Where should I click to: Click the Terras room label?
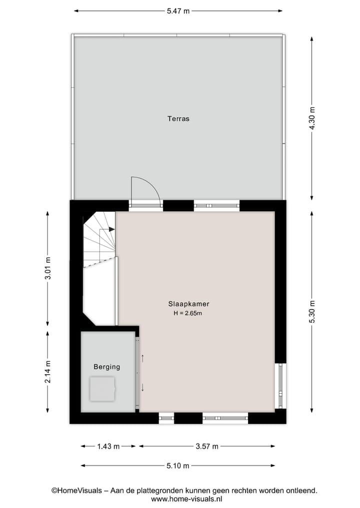178,119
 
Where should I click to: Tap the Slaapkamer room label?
188,304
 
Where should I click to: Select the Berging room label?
107,367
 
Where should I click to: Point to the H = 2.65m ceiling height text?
187,314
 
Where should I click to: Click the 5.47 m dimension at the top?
178,10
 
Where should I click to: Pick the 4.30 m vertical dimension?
312,118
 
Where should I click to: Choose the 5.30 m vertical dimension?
312,312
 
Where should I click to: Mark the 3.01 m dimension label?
48,268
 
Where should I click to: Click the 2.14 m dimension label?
48,372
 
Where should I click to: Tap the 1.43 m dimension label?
108,446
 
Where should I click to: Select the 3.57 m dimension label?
207,446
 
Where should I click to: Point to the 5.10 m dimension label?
178,466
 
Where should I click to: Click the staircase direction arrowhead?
112,229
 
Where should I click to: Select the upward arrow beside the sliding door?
143,357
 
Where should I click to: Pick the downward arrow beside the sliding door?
143,387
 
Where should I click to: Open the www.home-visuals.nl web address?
186,499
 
